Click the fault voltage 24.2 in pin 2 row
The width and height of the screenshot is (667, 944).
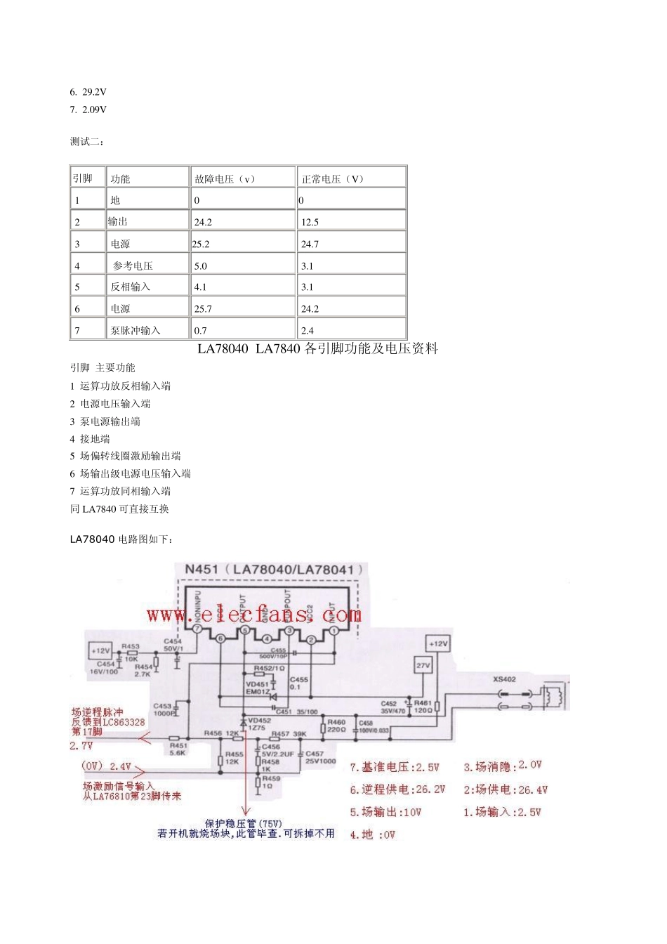(204, 222)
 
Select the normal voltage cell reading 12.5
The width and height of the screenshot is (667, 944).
(310, 222)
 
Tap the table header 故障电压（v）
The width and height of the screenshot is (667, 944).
(225, 179)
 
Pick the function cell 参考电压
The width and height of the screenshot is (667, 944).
(133, 266)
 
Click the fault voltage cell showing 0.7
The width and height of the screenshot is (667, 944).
(201, 330)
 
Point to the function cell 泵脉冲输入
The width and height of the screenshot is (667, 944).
(135, 330)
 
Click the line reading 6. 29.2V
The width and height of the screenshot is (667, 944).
(88, 92)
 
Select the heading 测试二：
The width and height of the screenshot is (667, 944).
(86, 142)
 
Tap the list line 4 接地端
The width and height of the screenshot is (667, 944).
(90, 439)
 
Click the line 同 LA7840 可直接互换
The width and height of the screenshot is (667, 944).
(119, 509)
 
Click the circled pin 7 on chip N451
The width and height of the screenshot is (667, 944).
(197, 630)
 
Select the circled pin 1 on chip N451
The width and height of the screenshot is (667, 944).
(333, 631)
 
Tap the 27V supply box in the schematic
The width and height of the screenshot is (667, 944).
(423, 665)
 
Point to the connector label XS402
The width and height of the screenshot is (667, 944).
(504, 679)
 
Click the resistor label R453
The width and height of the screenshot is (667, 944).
(131, 646)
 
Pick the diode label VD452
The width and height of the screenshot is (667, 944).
(259, 721)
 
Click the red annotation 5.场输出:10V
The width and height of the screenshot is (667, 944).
(385, 813)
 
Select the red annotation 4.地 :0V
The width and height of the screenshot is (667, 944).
(373, 835)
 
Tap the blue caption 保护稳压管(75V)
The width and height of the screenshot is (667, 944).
(244, 823)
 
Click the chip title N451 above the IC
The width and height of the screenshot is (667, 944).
(202, 569)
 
